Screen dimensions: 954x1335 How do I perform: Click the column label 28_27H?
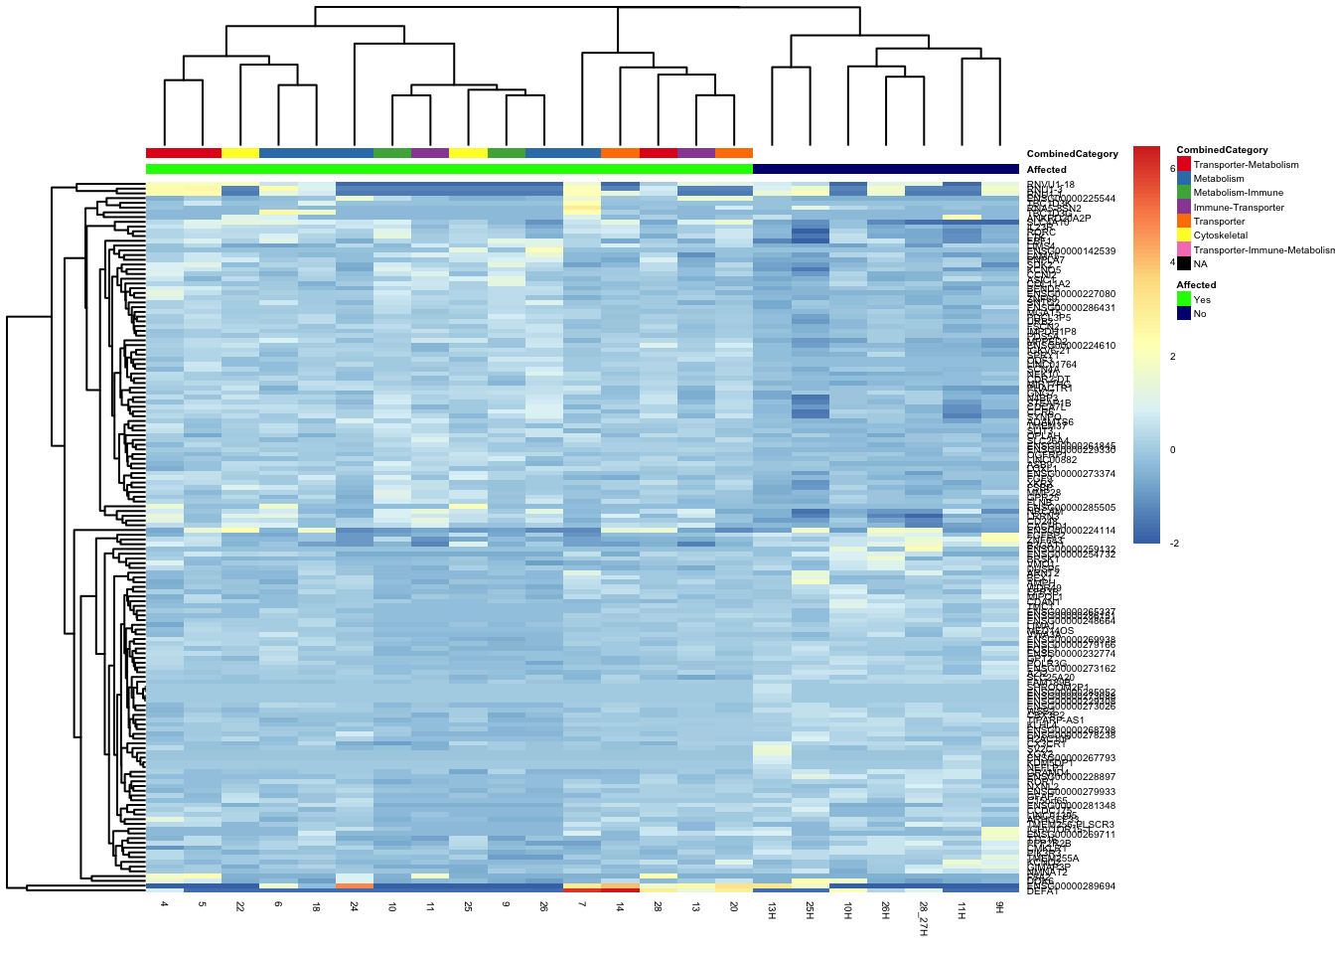(x=923, y=919)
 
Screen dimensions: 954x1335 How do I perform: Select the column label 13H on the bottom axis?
(x=772, y=911)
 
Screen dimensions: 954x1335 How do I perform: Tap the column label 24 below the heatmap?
(x=355, y=907)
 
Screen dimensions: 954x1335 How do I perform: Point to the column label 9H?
(x=999, y=908)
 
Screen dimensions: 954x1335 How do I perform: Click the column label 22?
(x=240, y=907)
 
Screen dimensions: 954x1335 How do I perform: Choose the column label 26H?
(x=885, y=911)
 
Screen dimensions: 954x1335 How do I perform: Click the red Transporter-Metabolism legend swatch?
(x=1183, y=164)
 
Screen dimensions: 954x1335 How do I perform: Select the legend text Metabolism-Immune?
(x=1238, y=193)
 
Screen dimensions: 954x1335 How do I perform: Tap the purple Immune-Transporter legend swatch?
(x=1183, y=207)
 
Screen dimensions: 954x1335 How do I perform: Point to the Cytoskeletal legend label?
(x=1220, y=236)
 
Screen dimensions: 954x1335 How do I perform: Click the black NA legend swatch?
(x=1183, y=263)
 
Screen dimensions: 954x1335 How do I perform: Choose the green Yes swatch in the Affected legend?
(x=1183, y=299)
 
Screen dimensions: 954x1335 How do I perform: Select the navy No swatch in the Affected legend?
(x=1183, y=313)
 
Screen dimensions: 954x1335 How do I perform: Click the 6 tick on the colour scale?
(x=1173, y=169)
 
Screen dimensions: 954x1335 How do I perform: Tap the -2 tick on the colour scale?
(x=1174, y=543)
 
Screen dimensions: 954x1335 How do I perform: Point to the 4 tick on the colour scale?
(x=1173, y=262)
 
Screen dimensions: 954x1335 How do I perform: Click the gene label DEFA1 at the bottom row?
(x=1043, y=891)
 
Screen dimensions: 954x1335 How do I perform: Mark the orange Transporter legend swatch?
(x=1183, y=221)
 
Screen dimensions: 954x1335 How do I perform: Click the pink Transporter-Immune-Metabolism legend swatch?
(x=1183, y=249)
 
